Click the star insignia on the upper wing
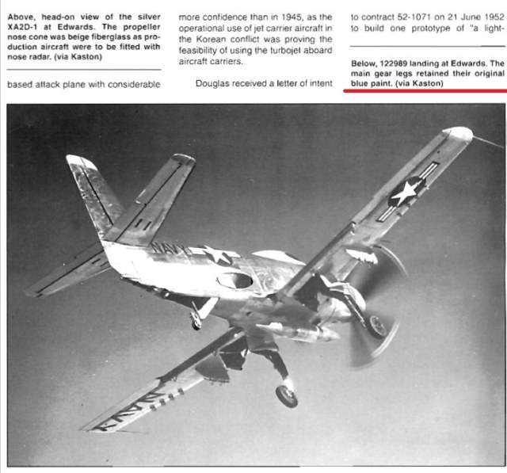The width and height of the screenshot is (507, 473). point(406,192)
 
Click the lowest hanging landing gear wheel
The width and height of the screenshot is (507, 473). point(287,395)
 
